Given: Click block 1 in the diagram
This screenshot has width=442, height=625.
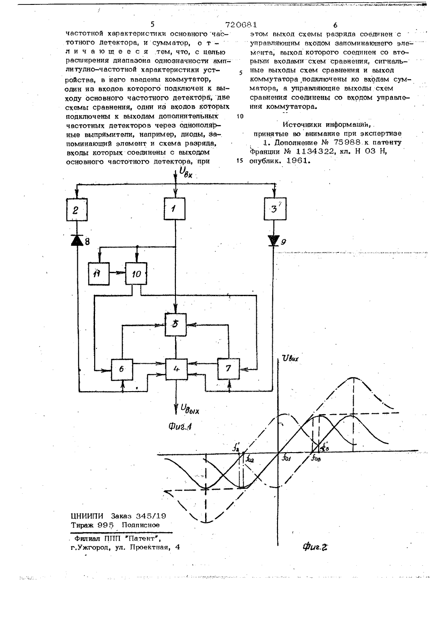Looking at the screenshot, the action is pos(175,209).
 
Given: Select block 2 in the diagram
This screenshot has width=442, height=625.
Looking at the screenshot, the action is pos(77,210).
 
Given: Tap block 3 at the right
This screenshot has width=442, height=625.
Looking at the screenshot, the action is pos(275,209).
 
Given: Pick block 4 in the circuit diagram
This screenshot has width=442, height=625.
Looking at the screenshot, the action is pos(176,369).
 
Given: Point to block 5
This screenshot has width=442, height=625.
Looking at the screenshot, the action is pos(176,324).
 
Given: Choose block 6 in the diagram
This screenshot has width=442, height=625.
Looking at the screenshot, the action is pos(122,370).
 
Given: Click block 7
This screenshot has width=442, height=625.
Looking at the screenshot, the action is pos(228,369).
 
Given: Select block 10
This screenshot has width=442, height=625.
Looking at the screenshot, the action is pos(136,274).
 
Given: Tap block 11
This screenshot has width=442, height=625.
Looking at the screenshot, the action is pos(99,274).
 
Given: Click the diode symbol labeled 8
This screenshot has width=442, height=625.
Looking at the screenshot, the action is pos(77,240).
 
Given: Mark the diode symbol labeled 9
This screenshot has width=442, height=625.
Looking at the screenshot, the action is pos(274,240).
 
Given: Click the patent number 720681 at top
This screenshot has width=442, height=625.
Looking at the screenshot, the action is pos(241,25).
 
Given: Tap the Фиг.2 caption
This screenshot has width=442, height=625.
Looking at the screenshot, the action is pos(315,547).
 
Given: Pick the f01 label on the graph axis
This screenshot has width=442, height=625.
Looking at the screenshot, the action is pos(286,458).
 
